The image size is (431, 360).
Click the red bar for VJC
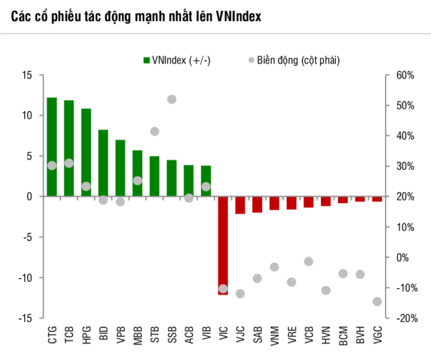point(240,205)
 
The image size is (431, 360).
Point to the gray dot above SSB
point(172,99)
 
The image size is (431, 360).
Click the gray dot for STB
point(155,131)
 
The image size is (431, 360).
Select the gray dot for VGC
point(377,301)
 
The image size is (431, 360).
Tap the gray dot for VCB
point(309,261)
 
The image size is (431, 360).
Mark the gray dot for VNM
point(274,267)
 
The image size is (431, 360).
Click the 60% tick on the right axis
point(405,75)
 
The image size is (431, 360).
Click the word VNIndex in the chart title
point(236,17)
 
